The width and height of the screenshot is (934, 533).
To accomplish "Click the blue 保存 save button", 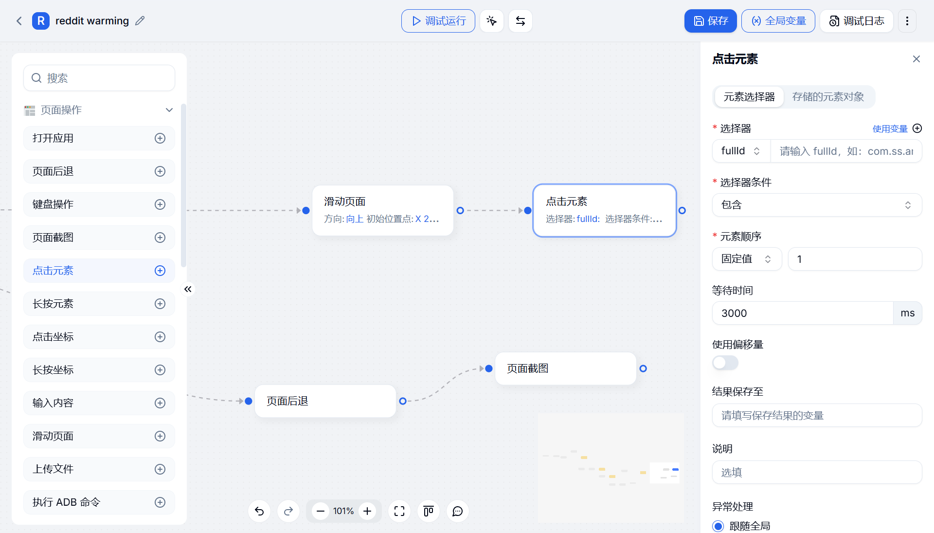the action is tap(710, 21).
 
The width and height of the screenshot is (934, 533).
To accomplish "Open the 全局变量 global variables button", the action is tap(778, 21).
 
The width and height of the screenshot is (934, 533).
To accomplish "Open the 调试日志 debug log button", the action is tap(857, 21).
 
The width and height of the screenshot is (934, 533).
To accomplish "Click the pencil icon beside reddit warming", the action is tap(140, 21).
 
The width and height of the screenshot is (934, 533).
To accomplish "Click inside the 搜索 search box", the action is tap(99, 78).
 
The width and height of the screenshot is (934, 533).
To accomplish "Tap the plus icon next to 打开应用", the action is tap(160, 138).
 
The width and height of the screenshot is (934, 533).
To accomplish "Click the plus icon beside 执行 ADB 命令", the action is tap(160, 502).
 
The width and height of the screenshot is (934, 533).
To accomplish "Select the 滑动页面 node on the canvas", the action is tap(383, 210).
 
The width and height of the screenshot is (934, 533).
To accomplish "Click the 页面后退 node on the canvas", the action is tap(325, 401).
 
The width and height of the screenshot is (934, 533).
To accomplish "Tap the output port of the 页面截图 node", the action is tap(643, 368).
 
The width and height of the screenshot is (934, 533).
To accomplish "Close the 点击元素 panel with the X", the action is tap(916, 59).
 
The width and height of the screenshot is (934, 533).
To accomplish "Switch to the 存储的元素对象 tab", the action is tap(828, 97).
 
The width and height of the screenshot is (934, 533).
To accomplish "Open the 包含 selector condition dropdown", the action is tap(817, 205).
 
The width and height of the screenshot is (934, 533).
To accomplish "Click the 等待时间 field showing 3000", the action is tap(803, 313).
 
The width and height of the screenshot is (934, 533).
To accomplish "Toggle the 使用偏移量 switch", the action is tap(725, 363).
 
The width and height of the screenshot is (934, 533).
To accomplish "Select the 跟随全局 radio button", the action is tap(718, 526).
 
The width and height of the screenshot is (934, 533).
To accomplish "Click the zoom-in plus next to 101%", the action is tap(367, 511).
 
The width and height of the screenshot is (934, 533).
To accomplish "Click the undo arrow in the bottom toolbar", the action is tap(259, 511).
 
